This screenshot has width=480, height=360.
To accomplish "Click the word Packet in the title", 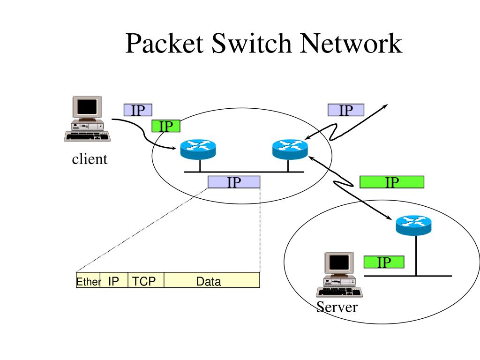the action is click(x=165, y=43).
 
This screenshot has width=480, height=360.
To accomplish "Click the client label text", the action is click(x=90, y=159).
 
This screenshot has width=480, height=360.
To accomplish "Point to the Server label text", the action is click(x=337, y=307).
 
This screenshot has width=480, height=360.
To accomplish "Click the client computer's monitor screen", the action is click(x=87, y=106).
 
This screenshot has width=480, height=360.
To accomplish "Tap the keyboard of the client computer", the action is click(x=88, y=136).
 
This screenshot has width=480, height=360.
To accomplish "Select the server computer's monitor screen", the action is click(x=339, y=262).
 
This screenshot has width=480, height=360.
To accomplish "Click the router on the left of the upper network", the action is click(x=198, y=150).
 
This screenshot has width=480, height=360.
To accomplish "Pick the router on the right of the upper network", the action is click(x=290, y=150).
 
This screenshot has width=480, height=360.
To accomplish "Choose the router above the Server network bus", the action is click(x=413, y=225).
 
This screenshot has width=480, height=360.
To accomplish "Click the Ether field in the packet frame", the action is click(x=88, y=280).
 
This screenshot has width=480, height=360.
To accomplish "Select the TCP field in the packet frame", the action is click(x=146, y=280).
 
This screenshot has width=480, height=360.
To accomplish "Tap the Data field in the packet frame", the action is click(x=212, y=280).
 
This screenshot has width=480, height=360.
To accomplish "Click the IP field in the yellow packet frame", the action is click(x=114, y=280).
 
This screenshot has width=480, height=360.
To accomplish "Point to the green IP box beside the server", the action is click(x=384, y=262).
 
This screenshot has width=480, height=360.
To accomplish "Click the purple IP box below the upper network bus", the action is click(x=234, y=182).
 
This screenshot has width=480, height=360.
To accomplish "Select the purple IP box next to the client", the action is click(x=138, y=110).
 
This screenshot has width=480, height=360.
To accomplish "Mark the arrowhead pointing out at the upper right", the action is click(x=385, y=106).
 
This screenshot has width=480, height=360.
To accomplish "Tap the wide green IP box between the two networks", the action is click(x=392, y=182).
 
